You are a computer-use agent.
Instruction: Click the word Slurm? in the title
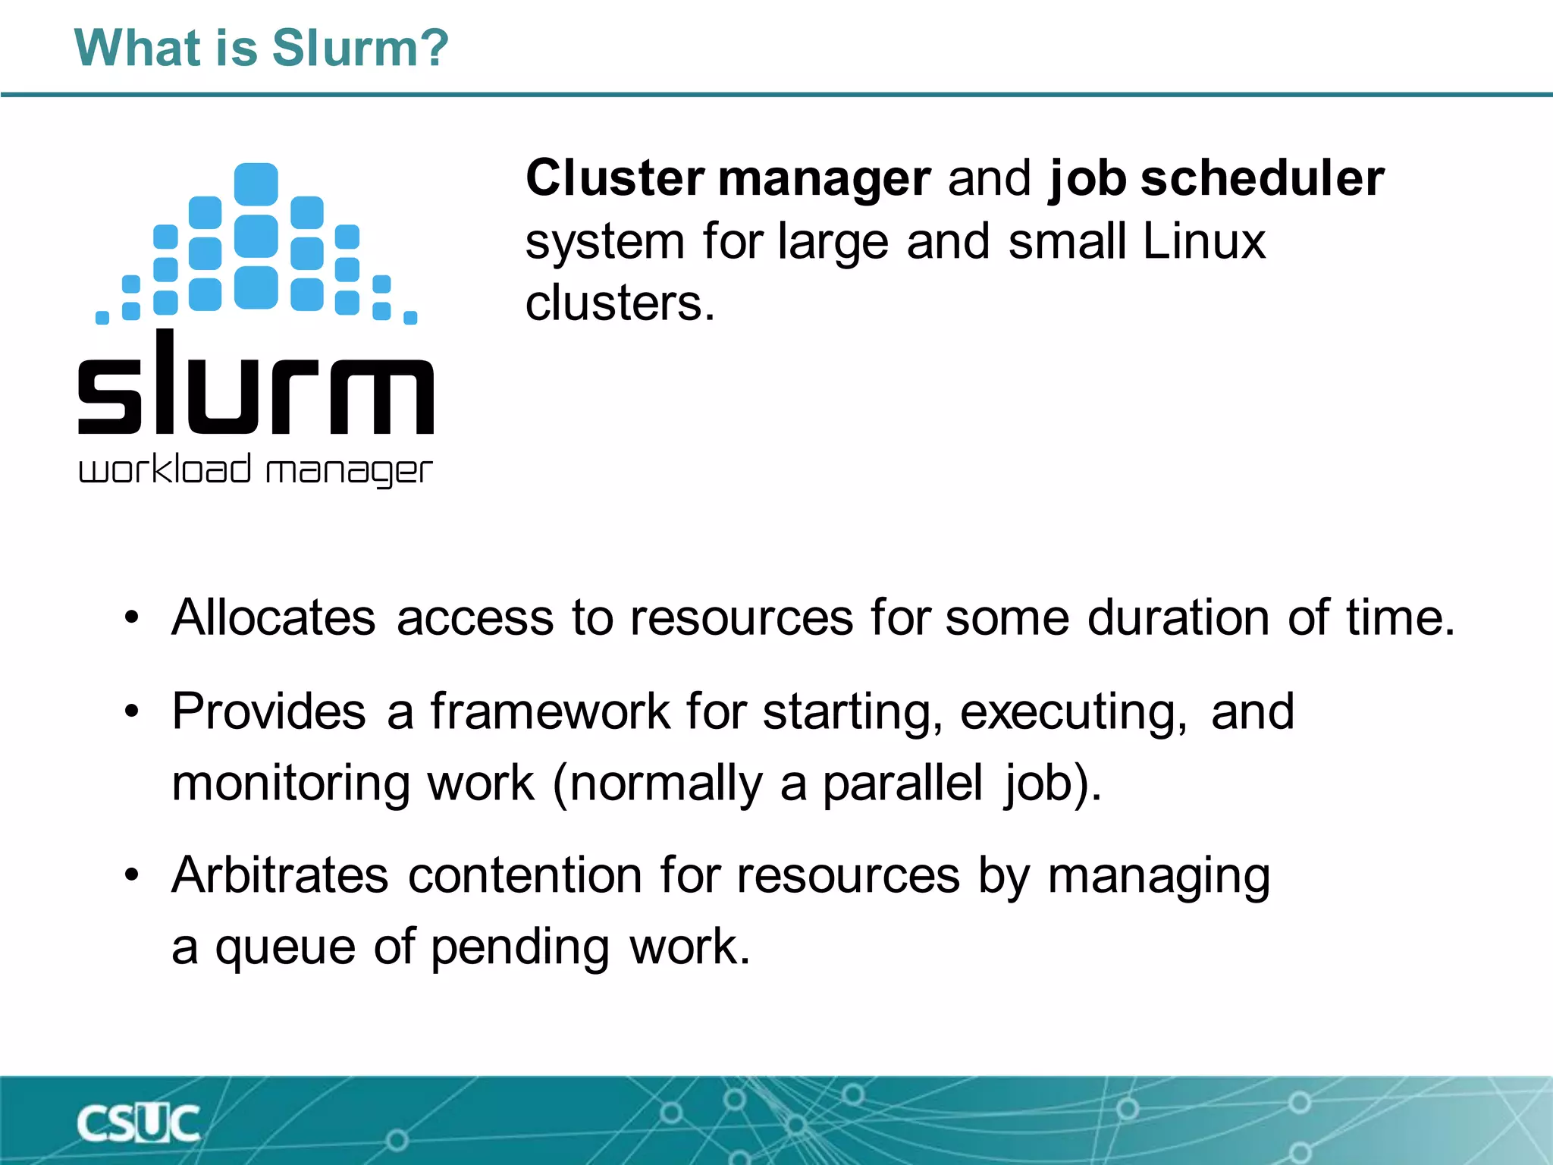(x=360, y=48)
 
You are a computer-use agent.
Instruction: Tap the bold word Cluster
(x=615, y=178)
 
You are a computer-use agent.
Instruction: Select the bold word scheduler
(x=1263, y=178)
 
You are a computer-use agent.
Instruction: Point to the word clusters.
(x=620, y=303)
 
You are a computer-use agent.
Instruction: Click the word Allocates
(x=273, y=617)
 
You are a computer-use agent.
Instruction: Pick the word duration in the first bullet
(x=1178, y=617)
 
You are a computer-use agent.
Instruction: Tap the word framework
(x=551, y=711)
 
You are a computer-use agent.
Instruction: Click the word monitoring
(x=290, y=783)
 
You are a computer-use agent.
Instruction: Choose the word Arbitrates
(x=280, y=875)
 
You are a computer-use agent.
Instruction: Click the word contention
(x=526, y=875)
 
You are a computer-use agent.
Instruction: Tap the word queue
(x=285, y=948)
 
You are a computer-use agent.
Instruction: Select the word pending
(x=520, y=948)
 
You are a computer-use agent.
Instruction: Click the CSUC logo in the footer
(x=139, y=1123)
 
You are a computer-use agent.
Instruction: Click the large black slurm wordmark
(x=256, y=383)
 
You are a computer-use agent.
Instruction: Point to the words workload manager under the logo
(x=256, y=470)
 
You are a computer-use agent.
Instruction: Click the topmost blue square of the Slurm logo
(x=256, y=184)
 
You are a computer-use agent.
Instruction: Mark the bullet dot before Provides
(x=132, y=711)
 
